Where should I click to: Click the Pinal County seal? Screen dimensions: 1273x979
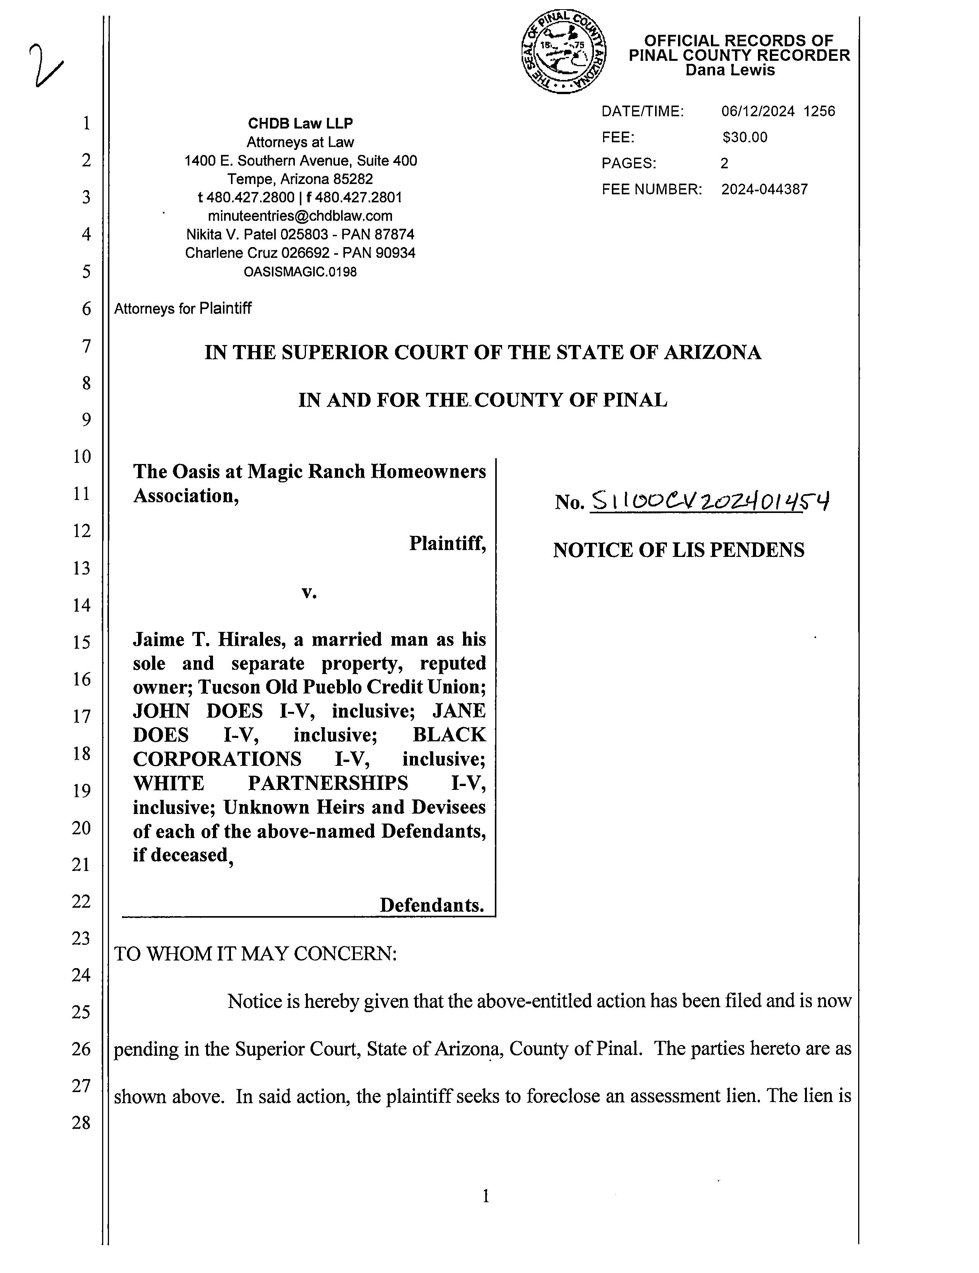click(x=564, y=52)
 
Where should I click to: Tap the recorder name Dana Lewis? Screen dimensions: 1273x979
click(x=730, y=70)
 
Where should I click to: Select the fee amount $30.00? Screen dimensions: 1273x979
click(x=745, y=138)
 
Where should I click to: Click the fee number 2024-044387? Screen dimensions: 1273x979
click(x=764, y=189)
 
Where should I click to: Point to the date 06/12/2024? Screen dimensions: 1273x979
click(x=758, y=111)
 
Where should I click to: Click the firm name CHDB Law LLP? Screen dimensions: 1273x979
click(x=300, y=124)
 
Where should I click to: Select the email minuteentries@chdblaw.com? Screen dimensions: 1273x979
click(x=300, y=216)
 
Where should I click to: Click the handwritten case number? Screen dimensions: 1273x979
click(x=710, y=501)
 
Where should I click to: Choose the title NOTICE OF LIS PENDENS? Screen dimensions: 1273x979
click(x=678, y=550)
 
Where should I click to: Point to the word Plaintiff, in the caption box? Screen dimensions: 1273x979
click(x=447, y=543)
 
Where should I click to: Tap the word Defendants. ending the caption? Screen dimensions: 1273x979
click(x=432, y=905)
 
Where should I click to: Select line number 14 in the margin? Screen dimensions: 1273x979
click(x=81, y=605)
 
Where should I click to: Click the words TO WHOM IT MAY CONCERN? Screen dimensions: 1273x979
click(x=255, y=954)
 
